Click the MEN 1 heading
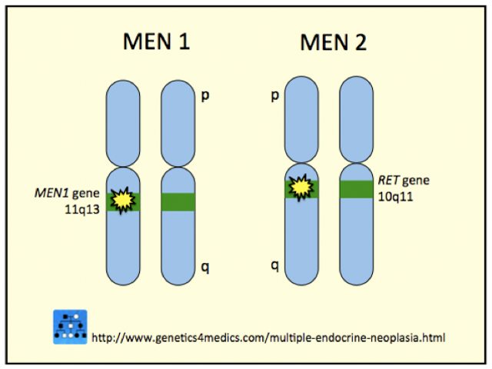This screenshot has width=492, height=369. (157, 44)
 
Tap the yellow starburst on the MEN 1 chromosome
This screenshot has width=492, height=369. (121, 200)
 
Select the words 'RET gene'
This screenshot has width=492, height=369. (402, 181)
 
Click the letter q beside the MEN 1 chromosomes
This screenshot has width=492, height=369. (204, 268)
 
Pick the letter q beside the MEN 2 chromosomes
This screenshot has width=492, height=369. (273, 266)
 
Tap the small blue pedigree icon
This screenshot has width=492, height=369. (70, 327)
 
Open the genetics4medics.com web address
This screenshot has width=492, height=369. (268, 337)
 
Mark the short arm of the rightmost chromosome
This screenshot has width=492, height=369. (359, 119)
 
